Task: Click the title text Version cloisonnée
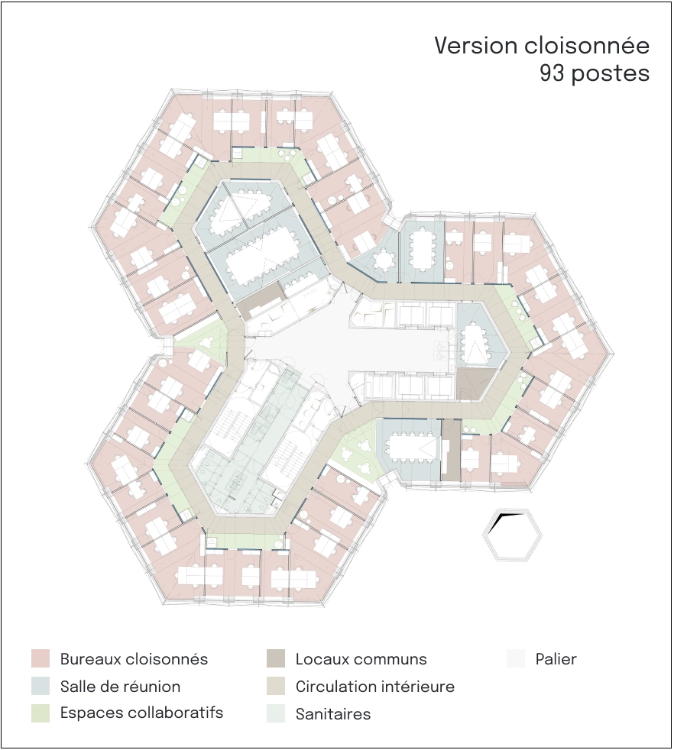(x=542, y=46)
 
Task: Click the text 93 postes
(x=595, y=73)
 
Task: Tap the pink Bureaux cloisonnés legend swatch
(x=41, y=658)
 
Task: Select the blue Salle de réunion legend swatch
(x=41, y=686)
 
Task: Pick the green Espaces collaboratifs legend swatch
(x=41, y=713)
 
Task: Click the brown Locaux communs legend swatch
(x=276, y=658)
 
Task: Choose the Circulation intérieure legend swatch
(x=276, y=686)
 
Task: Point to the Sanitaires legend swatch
(x=276, y=713)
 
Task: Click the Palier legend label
(x=556, y=659)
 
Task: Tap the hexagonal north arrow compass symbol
(x=512, y=535)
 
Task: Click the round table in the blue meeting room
(x=383, y=260)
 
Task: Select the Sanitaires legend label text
(x=333, y=714)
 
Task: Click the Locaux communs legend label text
(x=361, y=659)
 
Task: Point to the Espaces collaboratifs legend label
(x=141, y=713)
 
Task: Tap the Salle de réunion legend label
(x=120, y=687)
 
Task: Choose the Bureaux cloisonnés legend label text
(x=134, y=659)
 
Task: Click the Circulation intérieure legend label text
(x=374, y=687)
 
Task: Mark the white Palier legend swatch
(x=516, y=658)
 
